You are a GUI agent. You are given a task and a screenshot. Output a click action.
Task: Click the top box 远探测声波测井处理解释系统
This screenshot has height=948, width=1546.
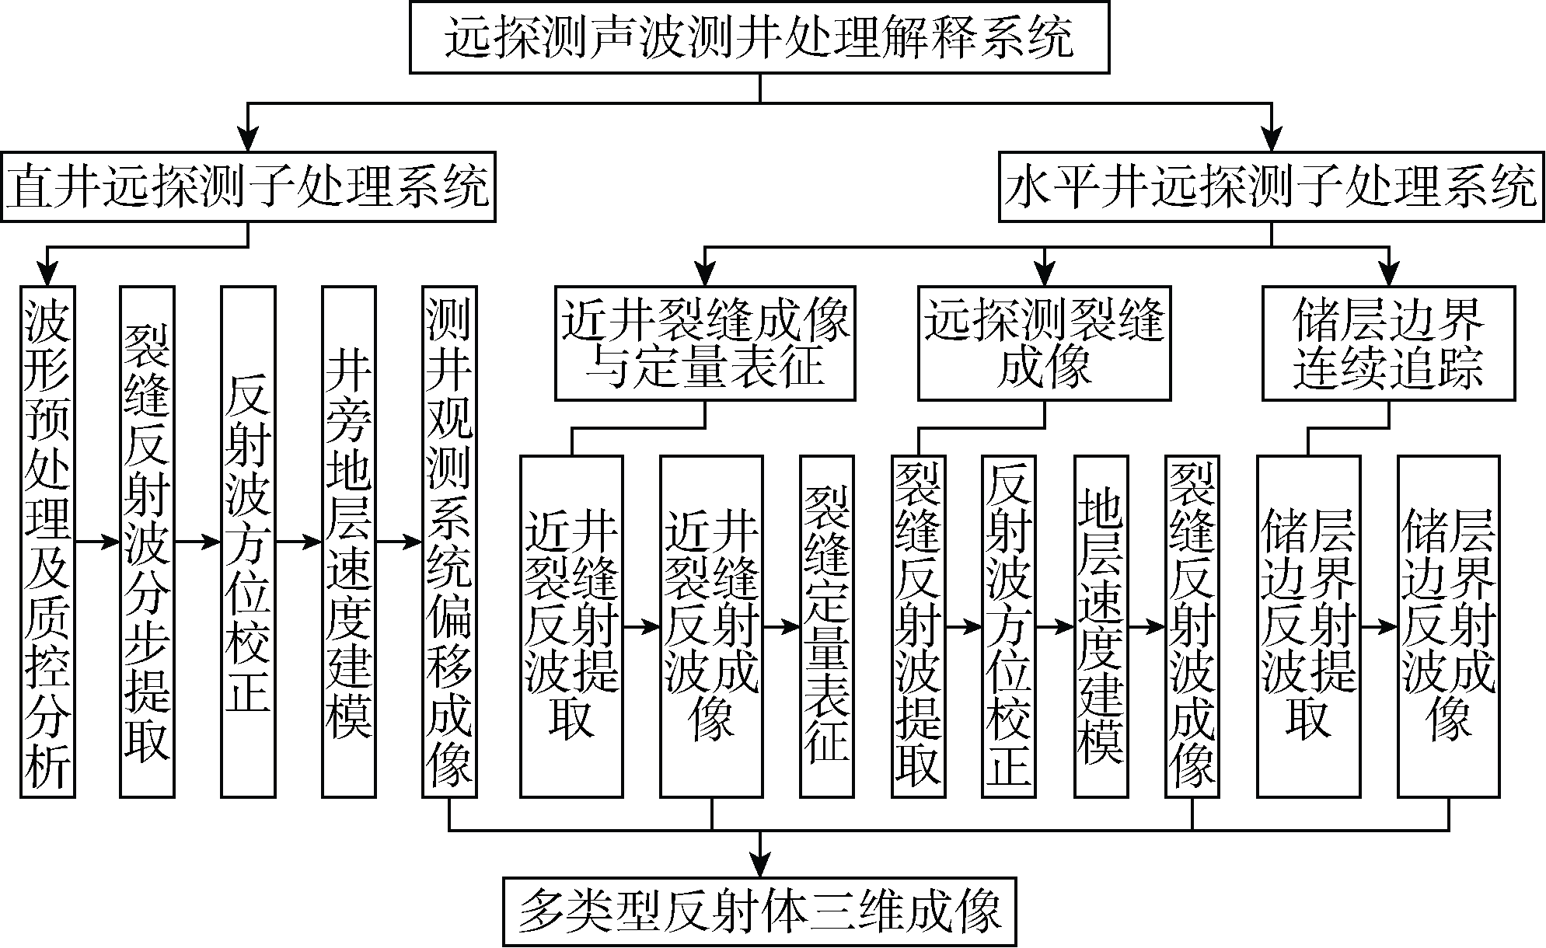pos(759,37)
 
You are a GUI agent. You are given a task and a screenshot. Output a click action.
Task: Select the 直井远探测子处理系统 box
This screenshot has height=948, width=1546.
pos(248,186)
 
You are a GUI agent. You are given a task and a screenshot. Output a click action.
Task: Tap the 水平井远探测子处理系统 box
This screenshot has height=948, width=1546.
pos(1272,186)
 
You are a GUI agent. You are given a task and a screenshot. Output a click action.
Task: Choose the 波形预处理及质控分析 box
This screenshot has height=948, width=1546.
pos(47,542)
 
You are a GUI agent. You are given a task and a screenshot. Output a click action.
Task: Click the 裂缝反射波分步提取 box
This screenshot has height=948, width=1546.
pos(147,542)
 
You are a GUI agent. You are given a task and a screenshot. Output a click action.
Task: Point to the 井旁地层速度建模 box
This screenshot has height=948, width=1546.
pos(349,542)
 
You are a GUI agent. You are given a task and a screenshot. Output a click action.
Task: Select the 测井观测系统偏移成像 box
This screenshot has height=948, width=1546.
pos(449,542)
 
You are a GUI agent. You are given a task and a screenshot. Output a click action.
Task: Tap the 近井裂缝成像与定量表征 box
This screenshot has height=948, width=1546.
pos(705,343)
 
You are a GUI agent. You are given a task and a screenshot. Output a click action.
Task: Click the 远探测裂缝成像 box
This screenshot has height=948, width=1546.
pos(1044,343)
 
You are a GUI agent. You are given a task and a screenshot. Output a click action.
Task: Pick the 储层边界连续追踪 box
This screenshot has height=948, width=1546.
pos(1388,343)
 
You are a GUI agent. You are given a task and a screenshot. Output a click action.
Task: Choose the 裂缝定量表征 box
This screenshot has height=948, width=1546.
pos(827,626)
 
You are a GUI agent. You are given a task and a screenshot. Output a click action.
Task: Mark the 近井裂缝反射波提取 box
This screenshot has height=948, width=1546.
pos(571,626)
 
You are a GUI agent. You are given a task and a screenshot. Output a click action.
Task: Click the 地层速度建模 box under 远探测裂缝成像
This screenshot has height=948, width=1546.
pos(1101,626)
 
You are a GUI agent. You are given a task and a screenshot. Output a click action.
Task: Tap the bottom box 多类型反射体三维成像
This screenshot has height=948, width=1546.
pos(759,911)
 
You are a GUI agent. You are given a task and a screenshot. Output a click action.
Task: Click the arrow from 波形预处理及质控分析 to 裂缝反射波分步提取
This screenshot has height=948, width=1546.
pos(97,542)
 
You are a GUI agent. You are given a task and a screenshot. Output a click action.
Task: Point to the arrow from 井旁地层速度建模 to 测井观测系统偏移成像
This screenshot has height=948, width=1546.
pos(400,542)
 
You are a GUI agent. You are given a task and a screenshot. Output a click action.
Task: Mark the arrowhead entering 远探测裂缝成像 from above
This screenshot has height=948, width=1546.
pos(1044,274)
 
